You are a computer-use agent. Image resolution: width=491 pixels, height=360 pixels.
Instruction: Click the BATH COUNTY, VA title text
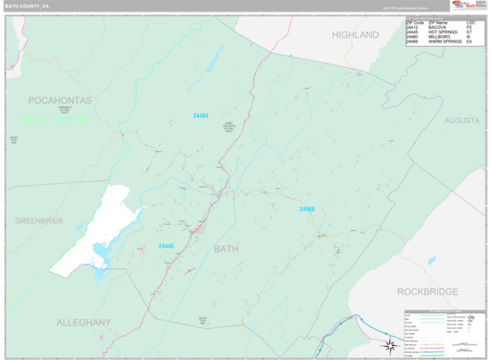click(24, 6)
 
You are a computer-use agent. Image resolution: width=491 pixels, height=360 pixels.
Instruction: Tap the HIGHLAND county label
click(355, 34)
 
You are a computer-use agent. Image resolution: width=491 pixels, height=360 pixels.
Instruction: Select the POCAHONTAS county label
click(60, 100)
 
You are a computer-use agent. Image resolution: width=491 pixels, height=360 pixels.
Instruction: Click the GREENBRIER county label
click(39, 221)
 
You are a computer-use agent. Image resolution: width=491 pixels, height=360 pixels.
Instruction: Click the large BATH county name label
click(227, 248)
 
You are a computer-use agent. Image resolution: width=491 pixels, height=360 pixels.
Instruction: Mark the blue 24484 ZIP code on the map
click(200, 115)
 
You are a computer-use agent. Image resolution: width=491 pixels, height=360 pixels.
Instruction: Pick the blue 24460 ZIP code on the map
click(307, 209)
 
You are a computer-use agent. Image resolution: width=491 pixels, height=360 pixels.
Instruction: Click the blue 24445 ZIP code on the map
click(166, 245)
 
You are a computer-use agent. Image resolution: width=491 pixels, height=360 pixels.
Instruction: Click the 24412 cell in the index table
click(413, 27)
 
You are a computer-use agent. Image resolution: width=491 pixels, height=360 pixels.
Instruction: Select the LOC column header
click(471, 22)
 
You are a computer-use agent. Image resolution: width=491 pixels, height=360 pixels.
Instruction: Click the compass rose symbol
click(391, 344)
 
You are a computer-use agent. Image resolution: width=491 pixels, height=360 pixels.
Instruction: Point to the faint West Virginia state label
click(56, 119)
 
